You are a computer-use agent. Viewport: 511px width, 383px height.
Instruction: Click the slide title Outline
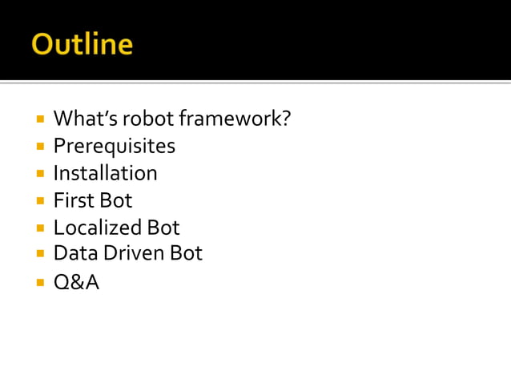[82, 43]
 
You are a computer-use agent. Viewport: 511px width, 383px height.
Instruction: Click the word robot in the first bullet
[147, 119]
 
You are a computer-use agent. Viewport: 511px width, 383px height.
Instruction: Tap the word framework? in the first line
[235, 119]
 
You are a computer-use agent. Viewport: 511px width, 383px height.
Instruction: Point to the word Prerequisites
[114, 147]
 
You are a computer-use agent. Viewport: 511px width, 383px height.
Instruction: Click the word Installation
[105, 173]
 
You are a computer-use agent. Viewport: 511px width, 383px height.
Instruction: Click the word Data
[73, 254]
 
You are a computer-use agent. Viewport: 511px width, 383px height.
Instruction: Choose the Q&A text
[76, 282]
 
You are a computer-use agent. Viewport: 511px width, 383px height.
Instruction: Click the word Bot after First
[116, 200]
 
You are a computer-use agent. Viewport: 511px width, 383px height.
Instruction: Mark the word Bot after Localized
[163, 228]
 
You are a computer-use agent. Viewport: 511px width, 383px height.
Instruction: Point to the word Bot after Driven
[186, 254]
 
